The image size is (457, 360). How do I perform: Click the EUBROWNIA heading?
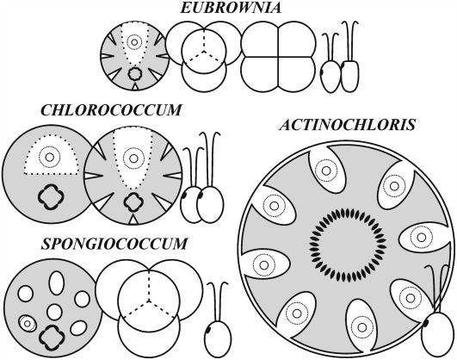coord(231,8)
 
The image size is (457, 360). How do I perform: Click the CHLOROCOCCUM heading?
coord(111,110)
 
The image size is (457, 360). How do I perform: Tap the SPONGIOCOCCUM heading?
coord(114,244)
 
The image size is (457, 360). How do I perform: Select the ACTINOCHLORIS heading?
coord(347,125)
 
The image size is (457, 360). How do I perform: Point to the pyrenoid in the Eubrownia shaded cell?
coord(134,73)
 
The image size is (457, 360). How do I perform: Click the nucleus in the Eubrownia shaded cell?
coord(134,42)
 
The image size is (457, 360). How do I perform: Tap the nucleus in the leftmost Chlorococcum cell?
coord(50,157)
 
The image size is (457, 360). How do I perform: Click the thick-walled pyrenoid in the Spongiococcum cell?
coord(52,338)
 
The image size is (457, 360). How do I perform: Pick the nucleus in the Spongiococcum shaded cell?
coord(28,323)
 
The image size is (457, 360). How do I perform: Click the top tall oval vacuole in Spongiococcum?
coord(56,283)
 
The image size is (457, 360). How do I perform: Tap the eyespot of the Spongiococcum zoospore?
coord(208,330)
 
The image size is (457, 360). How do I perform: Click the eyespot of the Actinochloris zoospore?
coord(426,323)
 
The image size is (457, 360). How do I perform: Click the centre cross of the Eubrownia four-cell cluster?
coord(278,56)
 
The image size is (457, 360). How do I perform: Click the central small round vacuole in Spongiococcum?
coord(54,312)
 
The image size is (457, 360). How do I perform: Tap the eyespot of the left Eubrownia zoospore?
coord(323,71)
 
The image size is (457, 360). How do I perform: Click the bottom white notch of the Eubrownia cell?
coord(134,87)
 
